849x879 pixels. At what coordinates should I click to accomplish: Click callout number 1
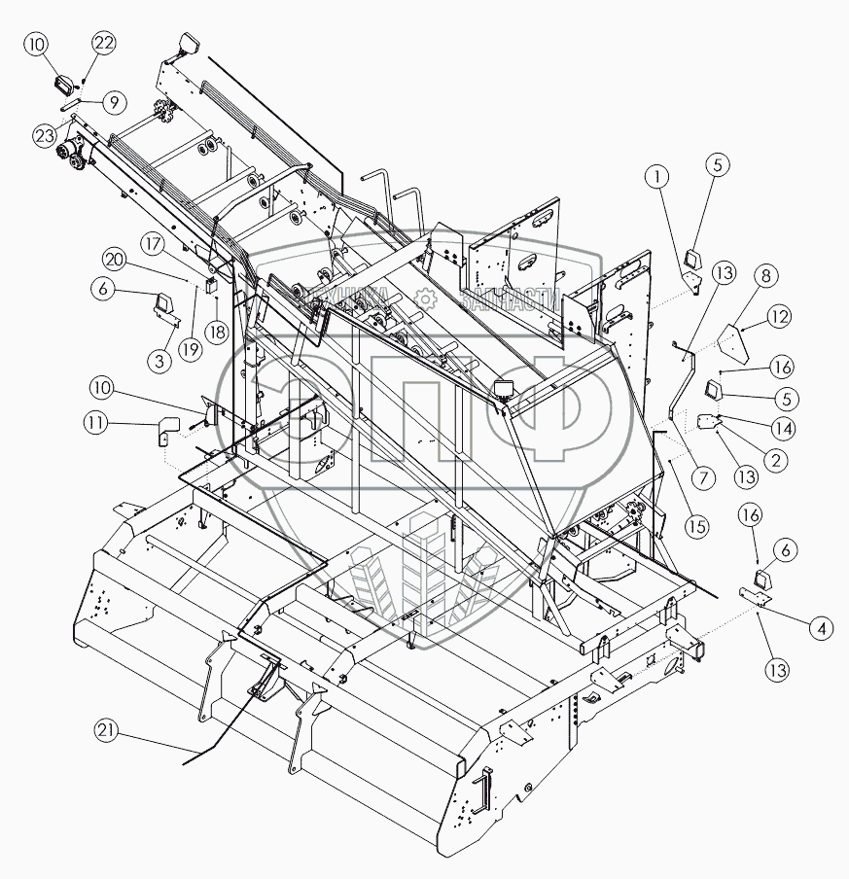(x=658, y=176)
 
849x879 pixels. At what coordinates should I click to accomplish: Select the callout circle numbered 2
(x=775, y=462)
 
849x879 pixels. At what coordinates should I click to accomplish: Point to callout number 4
(x=824, y=628)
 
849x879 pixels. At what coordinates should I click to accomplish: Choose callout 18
(x=216, y=332)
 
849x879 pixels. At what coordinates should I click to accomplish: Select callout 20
(x=115, y=260)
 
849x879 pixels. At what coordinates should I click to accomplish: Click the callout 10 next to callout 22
(x=36, y=43)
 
